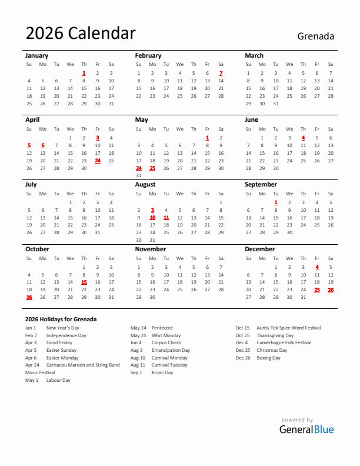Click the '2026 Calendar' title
(81, 34)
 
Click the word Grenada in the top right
(315, 36)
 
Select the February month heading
(148, 55)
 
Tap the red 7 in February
(221, 73)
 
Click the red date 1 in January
(84, 73)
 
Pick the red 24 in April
(97, 160)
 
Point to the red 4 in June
(303, 137)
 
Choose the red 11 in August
(166, 217)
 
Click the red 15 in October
(84, 282)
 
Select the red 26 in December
(331, 289)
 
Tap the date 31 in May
(139, 175)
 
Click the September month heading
(261, 184)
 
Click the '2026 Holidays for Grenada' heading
(61, 319)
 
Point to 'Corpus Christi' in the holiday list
(166, 342)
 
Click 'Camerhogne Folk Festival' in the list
(284, 342)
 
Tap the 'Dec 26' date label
(242, 358)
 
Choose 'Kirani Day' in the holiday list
(162, 372)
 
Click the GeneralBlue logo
(306, 430)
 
